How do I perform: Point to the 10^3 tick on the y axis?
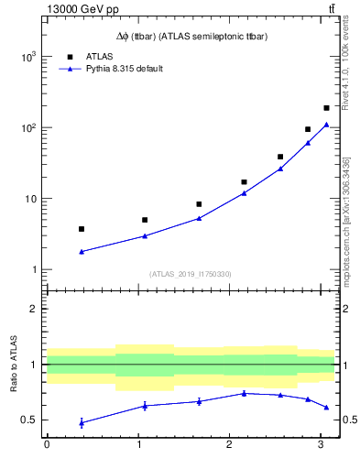[27, 57]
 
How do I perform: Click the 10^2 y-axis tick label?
[27, 127]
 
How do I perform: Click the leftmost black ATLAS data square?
[82, 229]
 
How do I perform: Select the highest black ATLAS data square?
[326, 108]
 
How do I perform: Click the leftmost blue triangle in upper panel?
[82, 251]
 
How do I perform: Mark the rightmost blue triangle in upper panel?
[326, 125]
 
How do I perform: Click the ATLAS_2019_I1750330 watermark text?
[191, 274]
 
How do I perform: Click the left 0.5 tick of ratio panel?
[30, 420]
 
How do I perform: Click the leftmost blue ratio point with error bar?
[82, 422]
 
